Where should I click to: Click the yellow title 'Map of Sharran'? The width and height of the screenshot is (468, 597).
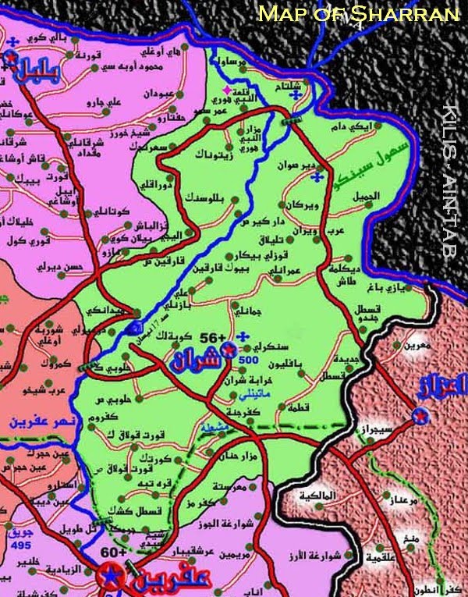pos(359,13)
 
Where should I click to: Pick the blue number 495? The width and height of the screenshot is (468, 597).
pos(22,545)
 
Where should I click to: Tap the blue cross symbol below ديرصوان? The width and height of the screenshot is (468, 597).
pos(315,179)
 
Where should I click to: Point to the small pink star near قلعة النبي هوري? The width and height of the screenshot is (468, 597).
pos(225,91)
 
